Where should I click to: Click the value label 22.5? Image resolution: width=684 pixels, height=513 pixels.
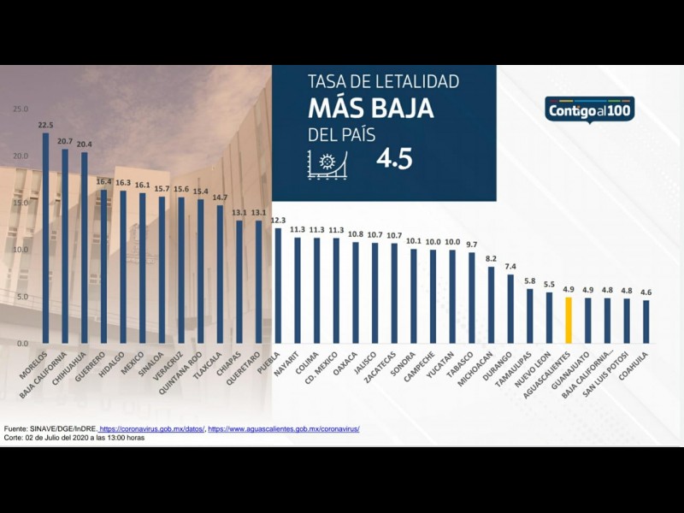(x=46, y=125)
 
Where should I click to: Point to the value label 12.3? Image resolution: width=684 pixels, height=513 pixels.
(x=278, y=221)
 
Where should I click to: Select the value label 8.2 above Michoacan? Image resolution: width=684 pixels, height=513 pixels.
(x=491, y=258)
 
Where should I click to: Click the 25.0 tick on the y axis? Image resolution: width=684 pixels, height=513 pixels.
(x=21, y=109)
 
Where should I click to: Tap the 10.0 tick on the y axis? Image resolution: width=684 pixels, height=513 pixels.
(x=21, y=250)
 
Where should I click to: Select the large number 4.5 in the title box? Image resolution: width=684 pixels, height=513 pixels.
(x=393, y=159)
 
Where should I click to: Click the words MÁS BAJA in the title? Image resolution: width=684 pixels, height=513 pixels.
(x=370, y=109)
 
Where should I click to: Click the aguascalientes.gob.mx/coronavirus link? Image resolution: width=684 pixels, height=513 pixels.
(x=284, y=428)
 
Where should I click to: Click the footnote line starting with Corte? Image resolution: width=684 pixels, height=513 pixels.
(x=74, y=437)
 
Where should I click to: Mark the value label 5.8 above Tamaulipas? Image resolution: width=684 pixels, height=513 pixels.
(x=530, y=280)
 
